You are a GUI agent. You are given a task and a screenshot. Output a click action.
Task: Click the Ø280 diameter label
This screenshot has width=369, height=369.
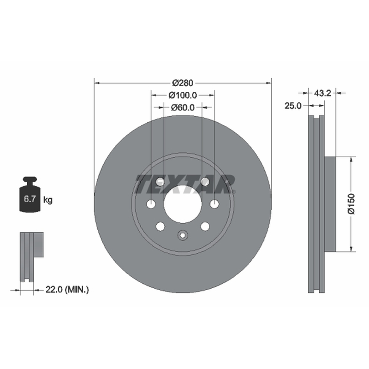183,83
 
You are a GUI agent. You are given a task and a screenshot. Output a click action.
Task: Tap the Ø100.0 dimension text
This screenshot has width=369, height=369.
183,95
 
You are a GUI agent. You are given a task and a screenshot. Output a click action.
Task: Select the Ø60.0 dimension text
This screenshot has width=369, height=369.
183,107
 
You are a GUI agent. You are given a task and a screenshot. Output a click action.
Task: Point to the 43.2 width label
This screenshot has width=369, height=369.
322,93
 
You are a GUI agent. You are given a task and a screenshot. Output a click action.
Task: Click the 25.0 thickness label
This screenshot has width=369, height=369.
293,106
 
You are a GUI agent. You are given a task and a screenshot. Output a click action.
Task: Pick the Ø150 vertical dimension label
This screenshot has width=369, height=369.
351,204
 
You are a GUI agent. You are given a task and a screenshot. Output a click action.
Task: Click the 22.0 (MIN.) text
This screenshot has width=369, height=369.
67,290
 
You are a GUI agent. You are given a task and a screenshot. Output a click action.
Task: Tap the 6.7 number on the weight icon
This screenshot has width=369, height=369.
30,199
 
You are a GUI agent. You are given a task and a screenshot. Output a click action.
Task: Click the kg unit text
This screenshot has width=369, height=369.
48,200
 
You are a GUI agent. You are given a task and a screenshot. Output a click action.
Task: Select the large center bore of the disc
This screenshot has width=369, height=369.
183,204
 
